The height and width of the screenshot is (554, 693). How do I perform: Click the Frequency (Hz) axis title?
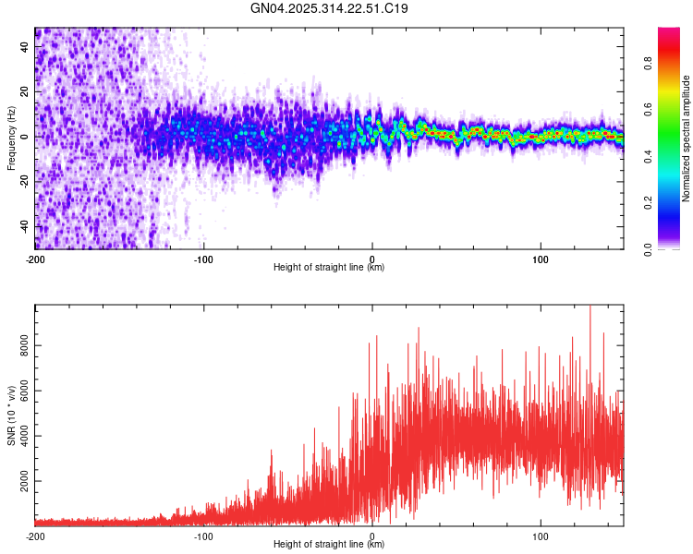pyautogui.click(x=11, y=138)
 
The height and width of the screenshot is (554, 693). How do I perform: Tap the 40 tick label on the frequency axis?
pyautogui.click(x=25, y=46)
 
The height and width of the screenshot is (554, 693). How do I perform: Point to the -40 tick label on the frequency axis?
pyautogui.click(x=23, y=226)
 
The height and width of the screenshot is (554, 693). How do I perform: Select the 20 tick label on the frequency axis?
pyautogui.click(x=25, y=91)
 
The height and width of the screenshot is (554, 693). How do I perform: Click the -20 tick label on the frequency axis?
pyautogui.click(x=23, y=181)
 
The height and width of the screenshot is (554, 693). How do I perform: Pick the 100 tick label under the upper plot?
pyautogui.click(x=541, y=259)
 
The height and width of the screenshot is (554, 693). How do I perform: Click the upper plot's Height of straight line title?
pyautogui.click(x=329, y=268)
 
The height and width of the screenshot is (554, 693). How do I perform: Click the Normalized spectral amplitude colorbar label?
pyautogui.click(x=687, y=138)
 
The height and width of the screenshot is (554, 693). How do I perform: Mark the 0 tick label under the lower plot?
pyautogui.click(x=372, y=535)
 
